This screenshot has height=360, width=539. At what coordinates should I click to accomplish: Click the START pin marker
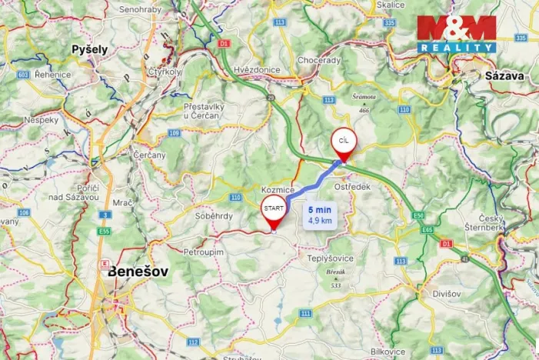pos(274,209)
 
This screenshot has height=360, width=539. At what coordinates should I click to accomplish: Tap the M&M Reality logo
pos(457,33)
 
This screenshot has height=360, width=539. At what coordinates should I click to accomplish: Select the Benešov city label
pos(139,271)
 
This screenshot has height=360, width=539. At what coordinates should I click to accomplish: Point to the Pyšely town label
pos(89,49)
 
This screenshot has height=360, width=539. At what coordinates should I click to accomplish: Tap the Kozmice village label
pos(278,189)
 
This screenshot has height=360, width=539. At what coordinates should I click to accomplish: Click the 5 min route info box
pos(320,215)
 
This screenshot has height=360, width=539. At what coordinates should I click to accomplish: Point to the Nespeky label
pos(41,121)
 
